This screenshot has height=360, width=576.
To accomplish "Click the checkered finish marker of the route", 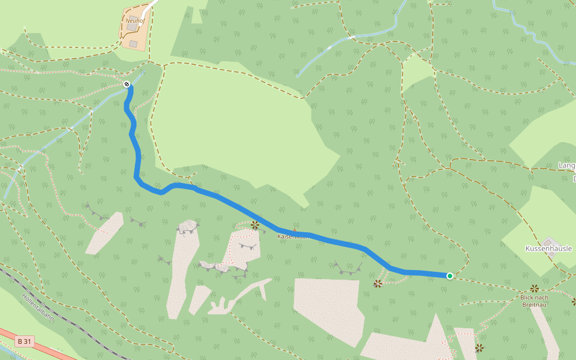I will click(x=127, y=84).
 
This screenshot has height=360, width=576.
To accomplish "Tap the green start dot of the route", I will click(x=449, y=275).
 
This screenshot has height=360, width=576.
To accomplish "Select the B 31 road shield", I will click(x=25, y=341).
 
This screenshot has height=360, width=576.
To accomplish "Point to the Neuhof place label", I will click(x=135, y=20).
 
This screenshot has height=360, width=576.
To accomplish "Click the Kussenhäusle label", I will click(x=548, y=248).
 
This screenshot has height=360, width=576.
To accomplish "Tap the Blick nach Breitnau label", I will click(x=534, y=301).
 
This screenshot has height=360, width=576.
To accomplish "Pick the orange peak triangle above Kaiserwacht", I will click(x=294, y=229).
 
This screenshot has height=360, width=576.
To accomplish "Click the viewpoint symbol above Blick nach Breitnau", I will click(x=534, y=289).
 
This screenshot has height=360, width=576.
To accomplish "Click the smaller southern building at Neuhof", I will click(x=133, y=43).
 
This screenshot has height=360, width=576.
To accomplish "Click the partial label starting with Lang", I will click(x=566, y=165).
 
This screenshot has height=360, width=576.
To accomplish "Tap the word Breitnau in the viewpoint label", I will click(x=534, y=304).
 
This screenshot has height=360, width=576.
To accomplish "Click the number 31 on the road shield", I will click(x=28, y=341).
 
